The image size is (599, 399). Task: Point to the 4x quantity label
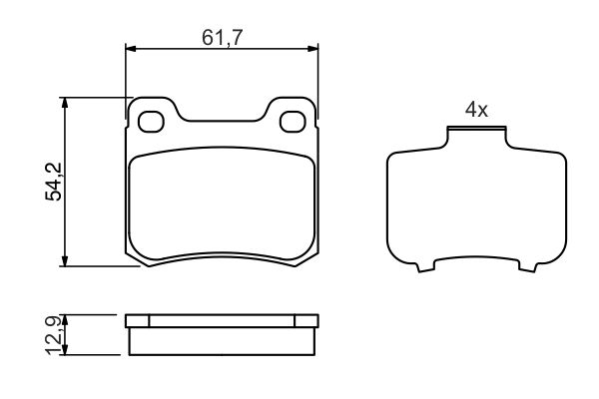(476, 110)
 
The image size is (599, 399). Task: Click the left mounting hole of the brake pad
(153, 121)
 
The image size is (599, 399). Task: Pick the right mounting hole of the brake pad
(294, 121)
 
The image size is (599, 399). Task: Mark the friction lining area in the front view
(223, 204)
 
